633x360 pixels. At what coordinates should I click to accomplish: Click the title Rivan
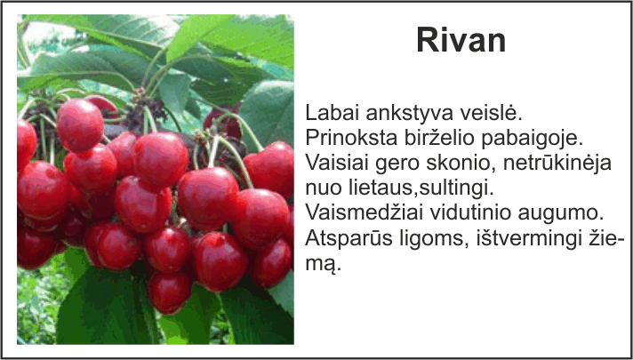tap(461, 40)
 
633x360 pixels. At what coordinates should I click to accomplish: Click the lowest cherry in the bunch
tap(169, 292)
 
